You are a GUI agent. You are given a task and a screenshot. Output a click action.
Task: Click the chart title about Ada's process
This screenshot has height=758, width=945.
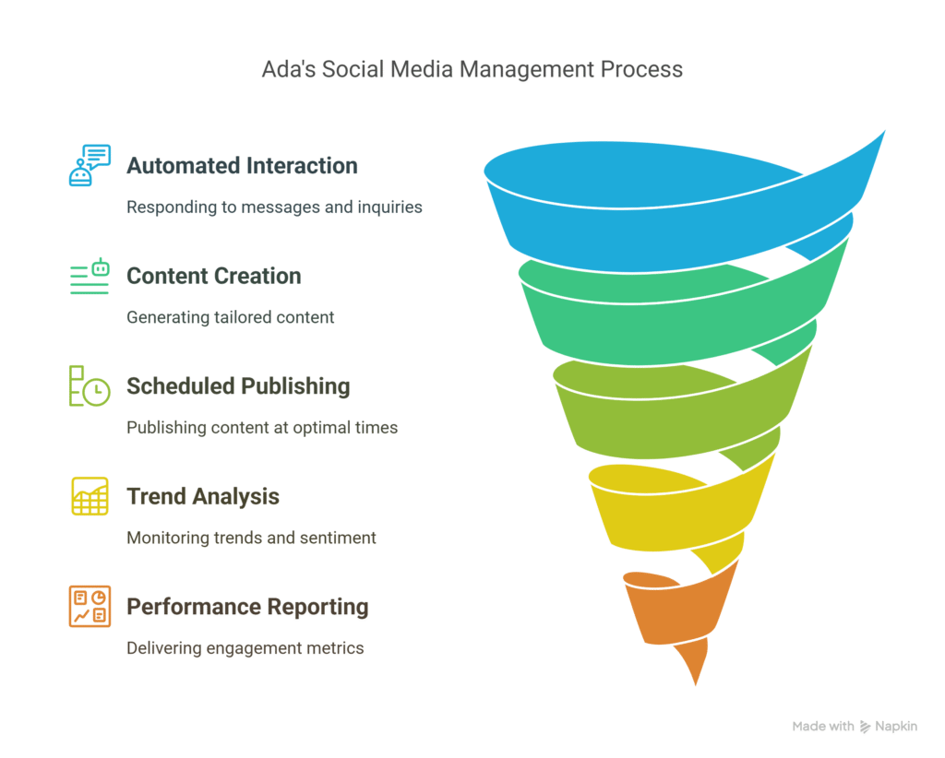click(472, 69)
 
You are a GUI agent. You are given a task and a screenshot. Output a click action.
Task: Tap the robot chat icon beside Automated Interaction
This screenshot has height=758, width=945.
click(90, 165)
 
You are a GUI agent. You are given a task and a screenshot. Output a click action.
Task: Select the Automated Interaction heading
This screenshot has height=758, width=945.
click(242, 166)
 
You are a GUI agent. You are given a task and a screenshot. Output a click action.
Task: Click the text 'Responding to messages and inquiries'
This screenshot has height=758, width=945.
click(274, 207)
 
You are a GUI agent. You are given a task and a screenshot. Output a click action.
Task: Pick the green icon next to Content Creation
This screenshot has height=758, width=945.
click(90, 277)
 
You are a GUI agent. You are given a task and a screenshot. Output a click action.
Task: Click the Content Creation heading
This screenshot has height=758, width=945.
click(214, 276)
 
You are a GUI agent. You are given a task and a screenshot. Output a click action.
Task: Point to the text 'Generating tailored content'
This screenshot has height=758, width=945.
click(230, 317)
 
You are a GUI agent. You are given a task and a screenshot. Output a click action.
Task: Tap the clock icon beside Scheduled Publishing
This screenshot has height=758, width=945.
click(90, 386)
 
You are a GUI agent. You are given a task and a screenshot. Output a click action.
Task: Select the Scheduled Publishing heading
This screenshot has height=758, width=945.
click(238, 386)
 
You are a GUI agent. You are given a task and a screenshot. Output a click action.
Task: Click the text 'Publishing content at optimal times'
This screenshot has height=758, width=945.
click(262, 428)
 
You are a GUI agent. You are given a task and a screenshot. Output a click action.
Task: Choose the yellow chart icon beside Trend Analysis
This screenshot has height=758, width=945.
click(90, 496)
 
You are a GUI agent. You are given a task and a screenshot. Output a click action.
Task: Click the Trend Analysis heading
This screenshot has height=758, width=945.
click(203, 497)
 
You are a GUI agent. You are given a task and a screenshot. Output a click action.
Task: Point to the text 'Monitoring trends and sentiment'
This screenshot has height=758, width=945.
click(251, 538)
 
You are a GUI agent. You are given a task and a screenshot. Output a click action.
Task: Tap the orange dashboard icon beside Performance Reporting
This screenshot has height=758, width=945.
click(90, 606)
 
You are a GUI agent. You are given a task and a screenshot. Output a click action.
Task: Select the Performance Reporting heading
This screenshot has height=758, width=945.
click(247, 607)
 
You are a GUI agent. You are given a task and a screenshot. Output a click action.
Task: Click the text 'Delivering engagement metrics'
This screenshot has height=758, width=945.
click(245, 648)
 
